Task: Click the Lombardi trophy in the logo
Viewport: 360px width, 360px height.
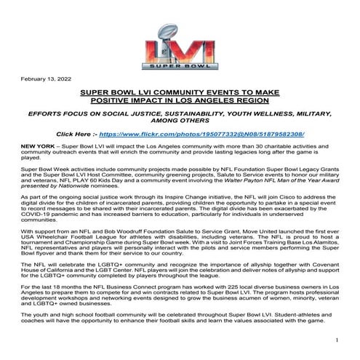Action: (180, 34)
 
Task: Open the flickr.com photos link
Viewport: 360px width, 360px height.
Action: (216, 135)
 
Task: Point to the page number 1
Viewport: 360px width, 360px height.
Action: (338, 340)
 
